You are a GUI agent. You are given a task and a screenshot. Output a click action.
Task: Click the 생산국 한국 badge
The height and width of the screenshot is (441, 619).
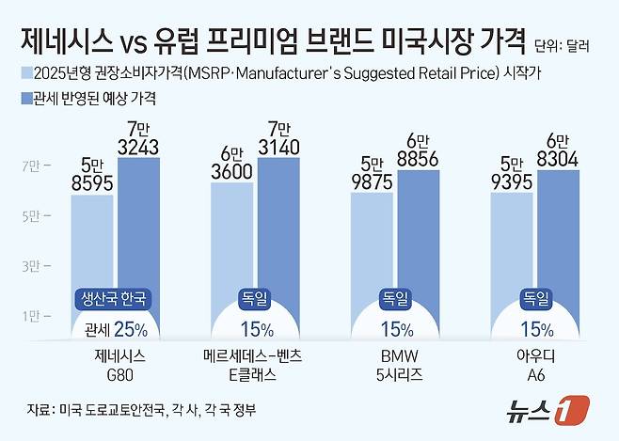pyautogui.click(x=114, y=300)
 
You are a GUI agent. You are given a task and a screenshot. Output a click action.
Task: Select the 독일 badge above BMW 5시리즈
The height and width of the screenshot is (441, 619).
pyautogui.click(x=394, y=300)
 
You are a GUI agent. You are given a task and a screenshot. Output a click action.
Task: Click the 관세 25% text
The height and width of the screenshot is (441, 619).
pyautogui.click(x=114, y=329)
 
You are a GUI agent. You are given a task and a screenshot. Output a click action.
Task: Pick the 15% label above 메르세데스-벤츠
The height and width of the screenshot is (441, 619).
pyautogui.click(x=255, y=329)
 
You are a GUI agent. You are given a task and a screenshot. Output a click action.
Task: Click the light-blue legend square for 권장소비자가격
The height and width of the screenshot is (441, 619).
pyautogui.click(x=24, y=72)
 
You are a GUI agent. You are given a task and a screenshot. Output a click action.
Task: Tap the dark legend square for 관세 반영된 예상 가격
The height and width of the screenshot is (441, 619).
pyautogui.click(x=24, y=96)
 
